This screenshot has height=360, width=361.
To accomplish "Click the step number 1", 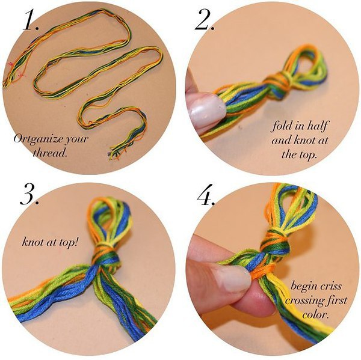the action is click(31, 20).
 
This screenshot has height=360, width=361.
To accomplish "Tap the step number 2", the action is click(204, 20).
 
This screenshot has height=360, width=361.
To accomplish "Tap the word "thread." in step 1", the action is click(50, 152).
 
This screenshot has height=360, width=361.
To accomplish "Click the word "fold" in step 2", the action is click(281, 126).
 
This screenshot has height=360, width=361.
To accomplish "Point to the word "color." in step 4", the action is click(315, 314).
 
